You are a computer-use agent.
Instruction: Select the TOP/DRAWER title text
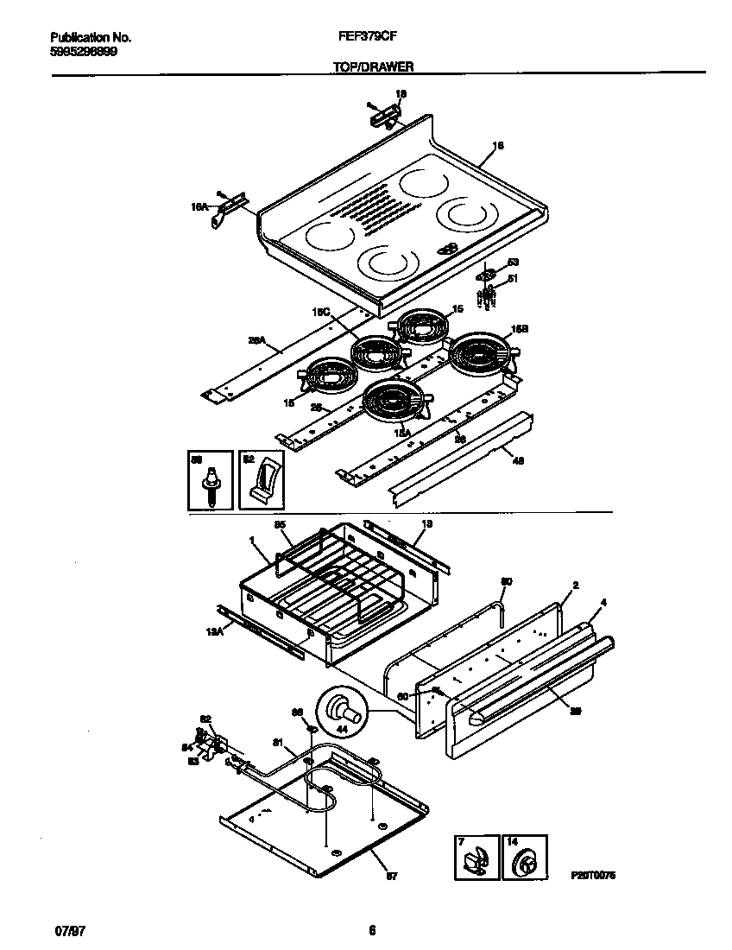[x=373, y=66]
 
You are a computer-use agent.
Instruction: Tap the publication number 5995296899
[x=84, y=51]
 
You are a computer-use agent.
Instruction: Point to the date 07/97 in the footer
[x=67, y=930]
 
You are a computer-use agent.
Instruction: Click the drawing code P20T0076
[x=592, y=875]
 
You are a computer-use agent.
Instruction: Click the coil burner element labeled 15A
[x=395, y=402]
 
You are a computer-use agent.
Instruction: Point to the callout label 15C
[x=322, y=314]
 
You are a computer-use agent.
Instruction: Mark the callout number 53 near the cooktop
[x=512, y=262]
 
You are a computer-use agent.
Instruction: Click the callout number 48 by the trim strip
[x=518, y=460]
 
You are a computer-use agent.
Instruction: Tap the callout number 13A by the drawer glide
[x=215, y=632]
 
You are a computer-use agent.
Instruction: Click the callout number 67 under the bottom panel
[x=390, y=877]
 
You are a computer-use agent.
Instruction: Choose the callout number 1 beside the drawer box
[x=252, y=541]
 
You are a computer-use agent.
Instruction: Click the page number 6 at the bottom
[x=372, y=930]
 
